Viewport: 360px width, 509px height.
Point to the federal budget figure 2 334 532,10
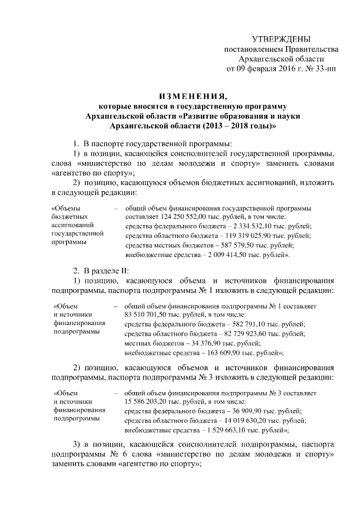(x=246, y=226)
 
